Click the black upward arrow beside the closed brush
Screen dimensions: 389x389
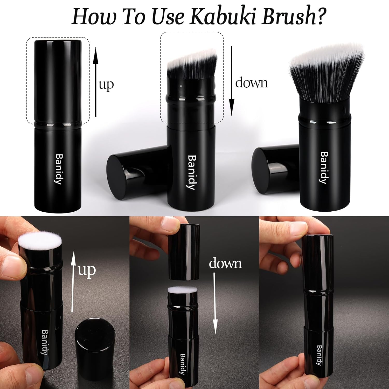click(96, 82)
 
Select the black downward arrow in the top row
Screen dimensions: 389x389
click(232, 80)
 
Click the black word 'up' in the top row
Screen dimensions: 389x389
click(106, 85)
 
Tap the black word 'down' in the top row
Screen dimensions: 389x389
click(252, 83)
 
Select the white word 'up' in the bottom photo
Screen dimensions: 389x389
click(87, 271)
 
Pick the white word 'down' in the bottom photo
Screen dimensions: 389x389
click(225, 263)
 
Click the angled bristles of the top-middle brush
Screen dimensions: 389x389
click(192, 64)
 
